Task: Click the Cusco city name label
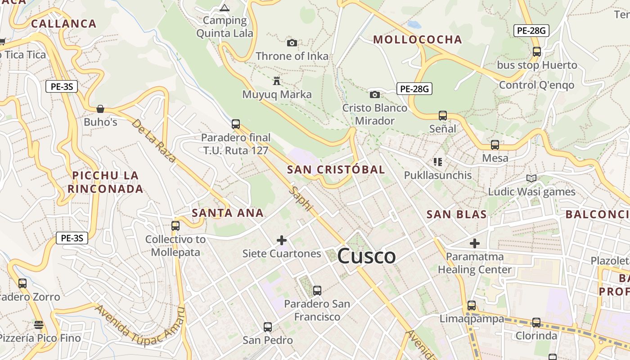pyautogui.click(x=366, y=256)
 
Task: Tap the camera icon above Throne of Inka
pyautogui.click(x=292, y=43)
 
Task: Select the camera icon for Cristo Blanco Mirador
pyautogui.click(x=374, y=94)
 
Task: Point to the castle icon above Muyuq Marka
pyautogui.click(x=277, y=81)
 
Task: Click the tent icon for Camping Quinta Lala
pyautogui.click(x=224, y=8)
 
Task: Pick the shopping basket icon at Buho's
pyautogui.click(x=100, y=109)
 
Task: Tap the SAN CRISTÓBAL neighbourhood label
pyautogui.click(x=336, y=170)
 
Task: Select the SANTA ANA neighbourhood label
pyautogui.click(x=228, y=213)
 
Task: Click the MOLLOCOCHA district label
pyautogui.click(x=418, y=40)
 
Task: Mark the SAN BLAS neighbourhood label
pyautogui.click(x=457, y=214)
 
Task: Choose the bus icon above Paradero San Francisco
pyautogui.click(x=317, y=291)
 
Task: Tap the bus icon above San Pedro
pyautogui.click(x=268, y=327)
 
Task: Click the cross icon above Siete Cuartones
pyautogui.click(x=282, y=240)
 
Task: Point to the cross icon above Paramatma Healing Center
pyautogui.click(x=475, y=243)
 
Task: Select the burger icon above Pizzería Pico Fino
pyautogui.click(x=39, y=325)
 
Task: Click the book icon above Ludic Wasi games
pyautogui.click(x=531, y=179)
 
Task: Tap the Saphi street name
pyautogui.click(x=301, y=198)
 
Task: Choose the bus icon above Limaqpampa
pyautogui.click(x=472, y=306)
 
